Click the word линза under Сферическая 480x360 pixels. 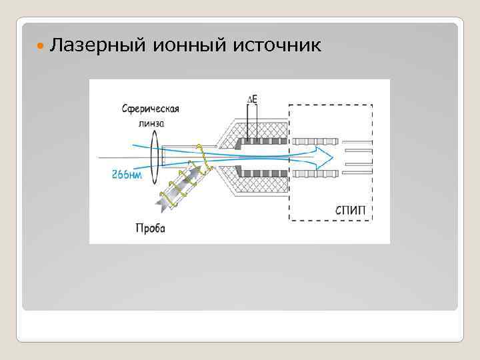(x=151, y=123)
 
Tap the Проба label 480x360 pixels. (x=150, y=229)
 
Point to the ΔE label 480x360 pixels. (x=252, y=100)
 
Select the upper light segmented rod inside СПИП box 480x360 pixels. (x=315, y=141)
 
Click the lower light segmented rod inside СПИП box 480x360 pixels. (x=315, y=174)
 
